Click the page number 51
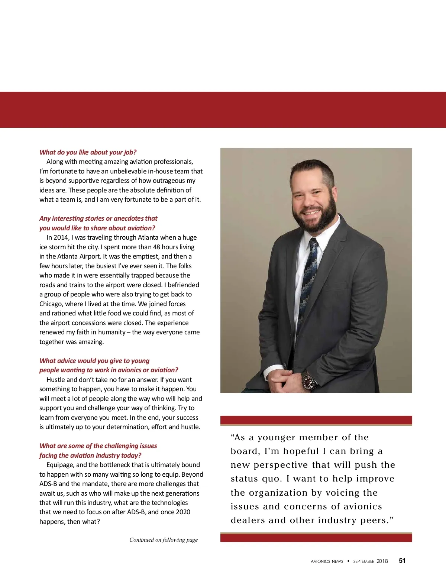402,561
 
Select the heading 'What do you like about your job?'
88,152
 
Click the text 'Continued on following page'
164,540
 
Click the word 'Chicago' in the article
51,304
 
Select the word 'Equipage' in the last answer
59,465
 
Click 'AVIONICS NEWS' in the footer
327,561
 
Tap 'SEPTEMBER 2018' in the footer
370,561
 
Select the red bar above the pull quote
316,420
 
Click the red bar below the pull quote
316,537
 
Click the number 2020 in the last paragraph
181,512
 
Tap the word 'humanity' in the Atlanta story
111,332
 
